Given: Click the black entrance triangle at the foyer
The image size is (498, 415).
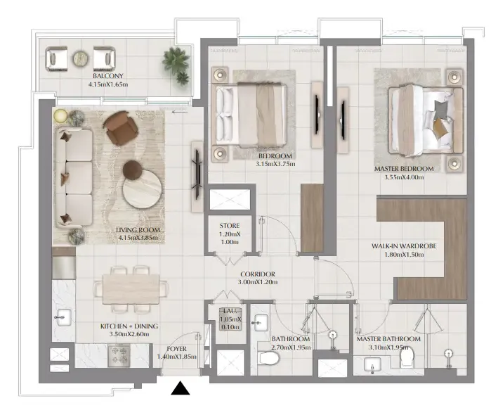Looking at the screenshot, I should coord(181,388).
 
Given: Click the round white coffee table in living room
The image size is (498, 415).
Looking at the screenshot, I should coord(141,189).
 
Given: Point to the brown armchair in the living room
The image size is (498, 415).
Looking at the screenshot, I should coord(121,129).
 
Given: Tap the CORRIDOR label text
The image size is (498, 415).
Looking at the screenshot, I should coord(257,274).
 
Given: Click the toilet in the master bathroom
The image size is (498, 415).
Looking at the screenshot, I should coord(406,359).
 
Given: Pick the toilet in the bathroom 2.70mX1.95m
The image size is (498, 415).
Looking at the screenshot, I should coord(268,359).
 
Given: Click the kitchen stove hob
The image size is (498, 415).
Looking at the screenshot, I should coord(117,357).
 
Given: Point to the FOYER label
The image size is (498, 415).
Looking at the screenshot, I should coord(176,348).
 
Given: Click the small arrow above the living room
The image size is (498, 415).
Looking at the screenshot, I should coord(180,111).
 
